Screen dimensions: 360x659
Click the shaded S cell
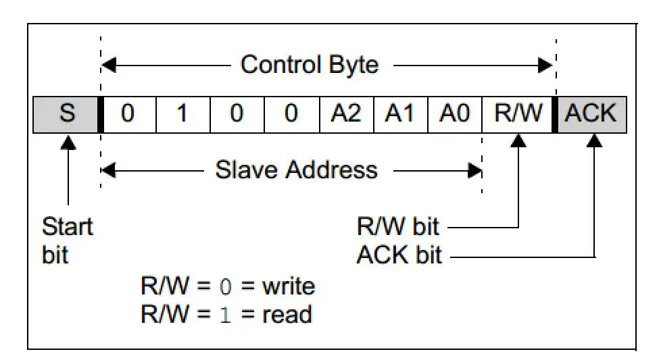(66, 114)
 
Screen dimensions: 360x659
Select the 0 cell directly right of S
(128, 114)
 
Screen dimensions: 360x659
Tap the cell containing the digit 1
(182, 114)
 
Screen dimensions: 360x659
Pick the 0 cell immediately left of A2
(291, 114)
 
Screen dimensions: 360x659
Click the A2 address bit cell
(346, 114)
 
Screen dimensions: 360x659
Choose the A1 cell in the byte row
(400, 114)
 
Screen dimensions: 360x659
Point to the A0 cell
(454, 114)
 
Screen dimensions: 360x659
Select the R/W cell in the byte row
(518, 114)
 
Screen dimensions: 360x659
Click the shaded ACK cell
(591, 114)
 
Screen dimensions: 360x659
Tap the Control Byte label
(310, 65)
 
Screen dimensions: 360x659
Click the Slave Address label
(296, 170)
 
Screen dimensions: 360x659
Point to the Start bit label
(67, 240)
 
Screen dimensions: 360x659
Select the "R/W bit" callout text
(399, 227)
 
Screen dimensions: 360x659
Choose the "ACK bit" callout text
(399, 255)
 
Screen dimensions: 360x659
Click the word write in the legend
(289, 286)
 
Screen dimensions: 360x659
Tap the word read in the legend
(287, 314)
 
